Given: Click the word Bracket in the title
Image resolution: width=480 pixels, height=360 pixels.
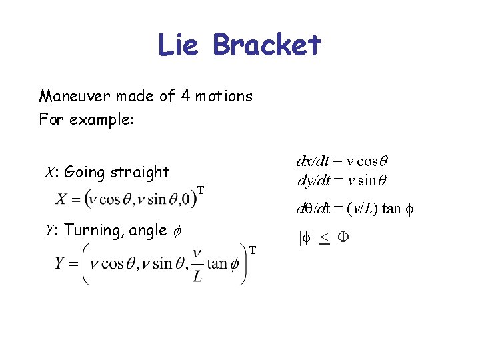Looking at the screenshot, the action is pyautogui.click(x=267, y=45).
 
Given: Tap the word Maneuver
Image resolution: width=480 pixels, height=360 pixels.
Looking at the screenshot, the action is pyautogui.click(x=75, y=96).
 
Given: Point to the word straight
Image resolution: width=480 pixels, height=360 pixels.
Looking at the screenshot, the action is pyautogui.click(x=139, y=173).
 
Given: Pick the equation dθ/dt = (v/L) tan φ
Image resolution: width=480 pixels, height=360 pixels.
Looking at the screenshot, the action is pyautogui.click(x=355, y=209).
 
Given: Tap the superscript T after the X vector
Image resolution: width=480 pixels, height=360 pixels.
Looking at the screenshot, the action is pyautogui.click(x=201, y=189).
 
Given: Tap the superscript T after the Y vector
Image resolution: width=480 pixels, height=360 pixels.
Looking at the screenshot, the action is pyautogui.click(x=253, y=250).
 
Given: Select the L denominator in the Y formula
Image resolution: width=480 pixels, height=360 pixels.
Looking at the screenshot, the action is pyautogui.click(x=197, y=277).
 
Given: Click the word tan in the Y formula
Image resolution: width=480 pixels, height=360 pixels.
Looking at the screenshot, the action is pyautogui.click(x=217, y=263).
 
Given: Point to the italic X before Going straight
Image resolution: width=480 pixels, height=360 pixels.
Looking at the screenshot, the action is pyautogui.click(x=49, y=173).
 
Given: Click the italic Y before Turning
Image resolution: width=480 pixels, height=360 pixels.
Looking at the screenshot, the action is pyautogui.click(x=49, y=231).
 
